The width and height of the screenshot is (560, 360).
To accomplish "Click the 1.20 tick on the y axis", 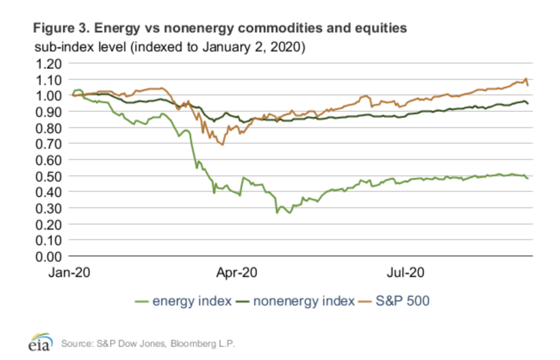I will coord(49,64).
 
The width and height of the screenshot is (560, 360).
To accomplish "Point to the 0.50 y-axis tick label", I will coord(49,177).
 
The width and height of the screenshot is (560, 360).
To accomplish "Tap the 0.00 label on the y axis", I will coord(49,257).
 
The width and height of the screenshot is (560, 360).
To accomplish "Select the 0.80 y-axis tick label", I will coord(49,128).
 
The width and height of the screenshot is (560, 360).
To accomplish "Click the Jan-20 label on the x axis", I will coord(69,273).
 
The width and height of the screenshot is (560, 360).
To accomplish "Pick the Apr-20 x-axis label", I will coord(237,273).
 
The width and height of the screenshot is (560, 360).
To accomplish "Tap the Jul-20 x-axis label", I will coord(406,273).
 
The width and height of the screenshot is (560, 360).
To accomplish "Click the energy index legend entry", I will coord(192,301).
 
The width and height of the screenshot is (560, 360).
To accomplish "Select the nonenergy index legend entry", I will coord(304,301).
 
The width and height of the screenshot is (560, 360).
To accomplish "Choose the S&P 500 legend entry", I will coord(402,301).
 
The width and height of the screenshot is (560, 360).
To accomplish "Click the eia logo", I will coord(40,342).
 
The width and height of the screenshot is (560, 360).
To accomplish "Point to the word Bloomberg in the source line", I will coord(193,344).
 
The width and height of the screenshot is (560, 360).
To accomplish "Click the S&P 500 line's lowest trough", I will coord(222,145).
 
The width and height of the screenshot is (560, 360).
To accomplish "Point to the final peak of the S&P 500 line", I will coord(526,79).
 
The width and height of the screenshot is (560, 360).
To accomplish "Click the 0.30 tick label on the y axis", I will coord(49,209).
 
